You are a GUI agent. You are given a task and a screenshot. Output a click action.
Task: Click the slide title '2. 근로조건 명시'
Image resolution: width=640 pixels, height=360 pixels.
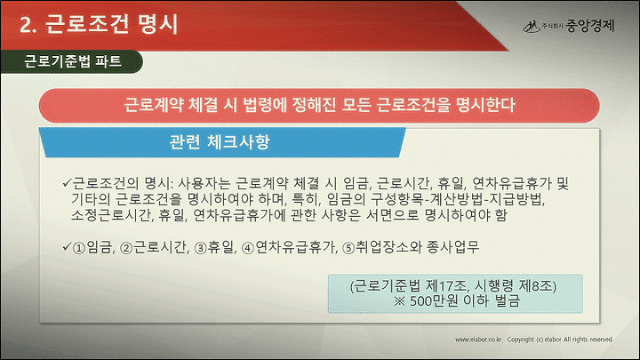click(x=99, y=25)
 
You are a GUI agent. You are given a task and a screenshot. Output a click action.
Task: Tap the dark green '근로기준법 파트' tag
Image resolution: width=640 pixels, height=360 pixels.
click(x=72, y=61)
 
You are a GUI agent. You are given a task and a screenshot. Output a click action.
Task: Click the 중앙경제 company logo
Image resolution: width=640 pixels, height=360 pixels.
click(x=568, y=26)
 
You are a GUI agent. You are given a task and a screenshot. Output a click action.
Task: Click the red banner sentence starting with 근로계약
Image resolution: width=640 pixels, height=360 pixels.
click(x=319, y=105)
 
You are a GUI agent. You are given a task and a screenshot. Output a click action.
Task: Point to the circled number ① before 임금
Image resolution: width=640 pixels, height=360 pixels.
click(x=78, y=248)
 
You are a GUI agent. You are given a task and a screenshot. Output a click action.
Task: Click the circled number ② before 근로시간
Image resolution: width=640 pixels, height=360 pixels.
click(x=127, y=248)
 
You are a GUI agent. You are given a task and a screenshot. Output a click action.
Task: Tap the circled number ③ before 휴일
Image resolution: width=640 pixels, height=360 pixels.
click(x=201, y=248)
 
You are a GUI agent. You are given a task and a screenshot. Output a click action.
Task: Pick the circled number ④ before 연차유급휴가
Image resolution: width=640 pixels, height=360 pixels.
click(x=248, y=248)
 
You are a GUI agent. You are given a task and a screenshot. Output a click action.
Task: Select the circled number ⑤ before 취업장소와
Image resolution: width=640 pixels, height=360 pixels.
click(x=348, y=248)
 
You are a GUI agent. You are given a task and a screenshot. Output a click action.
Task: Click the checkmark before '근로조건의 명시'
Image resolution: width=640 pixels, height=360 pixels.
click(x=67, y=182)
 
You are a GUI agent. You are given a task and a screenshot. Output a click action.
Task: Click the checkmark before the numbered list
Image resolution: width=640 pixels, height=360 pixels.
click(x=67, y=246)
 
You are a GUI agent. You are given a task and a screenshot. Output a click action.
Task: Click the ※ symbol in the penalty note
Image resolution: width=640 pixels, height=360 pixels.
click(x=400, y=301)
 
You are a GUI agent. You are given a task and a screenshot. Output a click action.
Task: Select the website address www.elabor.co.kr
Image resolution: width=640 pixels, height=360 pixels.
click(x=478, y=340)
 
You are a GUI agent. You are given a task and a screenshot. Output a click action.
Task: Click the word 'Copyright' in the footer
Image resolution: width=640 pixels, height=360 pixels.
click(x=520, y=340)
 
